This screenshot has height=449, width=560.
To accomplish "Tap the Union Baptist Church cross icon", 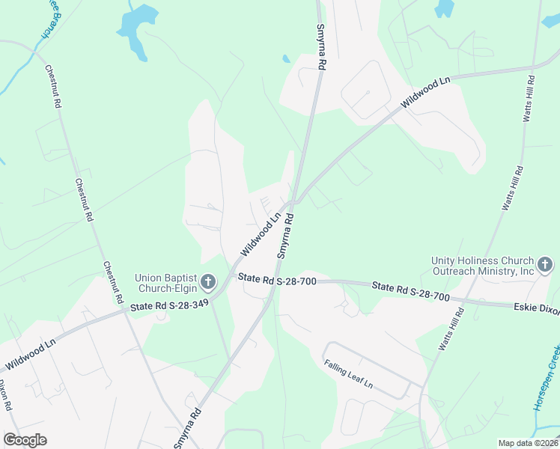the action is pos(208,282).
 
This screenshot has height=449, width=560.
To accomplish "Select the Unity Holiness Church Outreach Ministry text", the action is pos(483,266).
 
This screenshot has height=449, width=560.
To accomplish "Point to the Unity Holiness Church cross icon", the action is pos(545,264).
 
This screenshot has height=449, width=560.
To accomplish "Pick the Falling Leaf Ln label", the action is pos(348,374).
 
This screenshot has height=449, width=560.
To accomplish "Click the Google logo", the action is pos(25,440).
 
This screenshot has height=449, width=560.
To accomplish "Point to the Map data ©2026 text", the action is pos(528,443).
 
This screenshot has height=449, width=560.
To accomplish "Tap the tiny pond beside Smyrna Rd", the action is pos(286,58).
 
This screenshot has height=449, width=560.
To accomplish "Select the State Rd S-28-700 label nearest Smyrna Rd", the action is pos(278,280).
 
